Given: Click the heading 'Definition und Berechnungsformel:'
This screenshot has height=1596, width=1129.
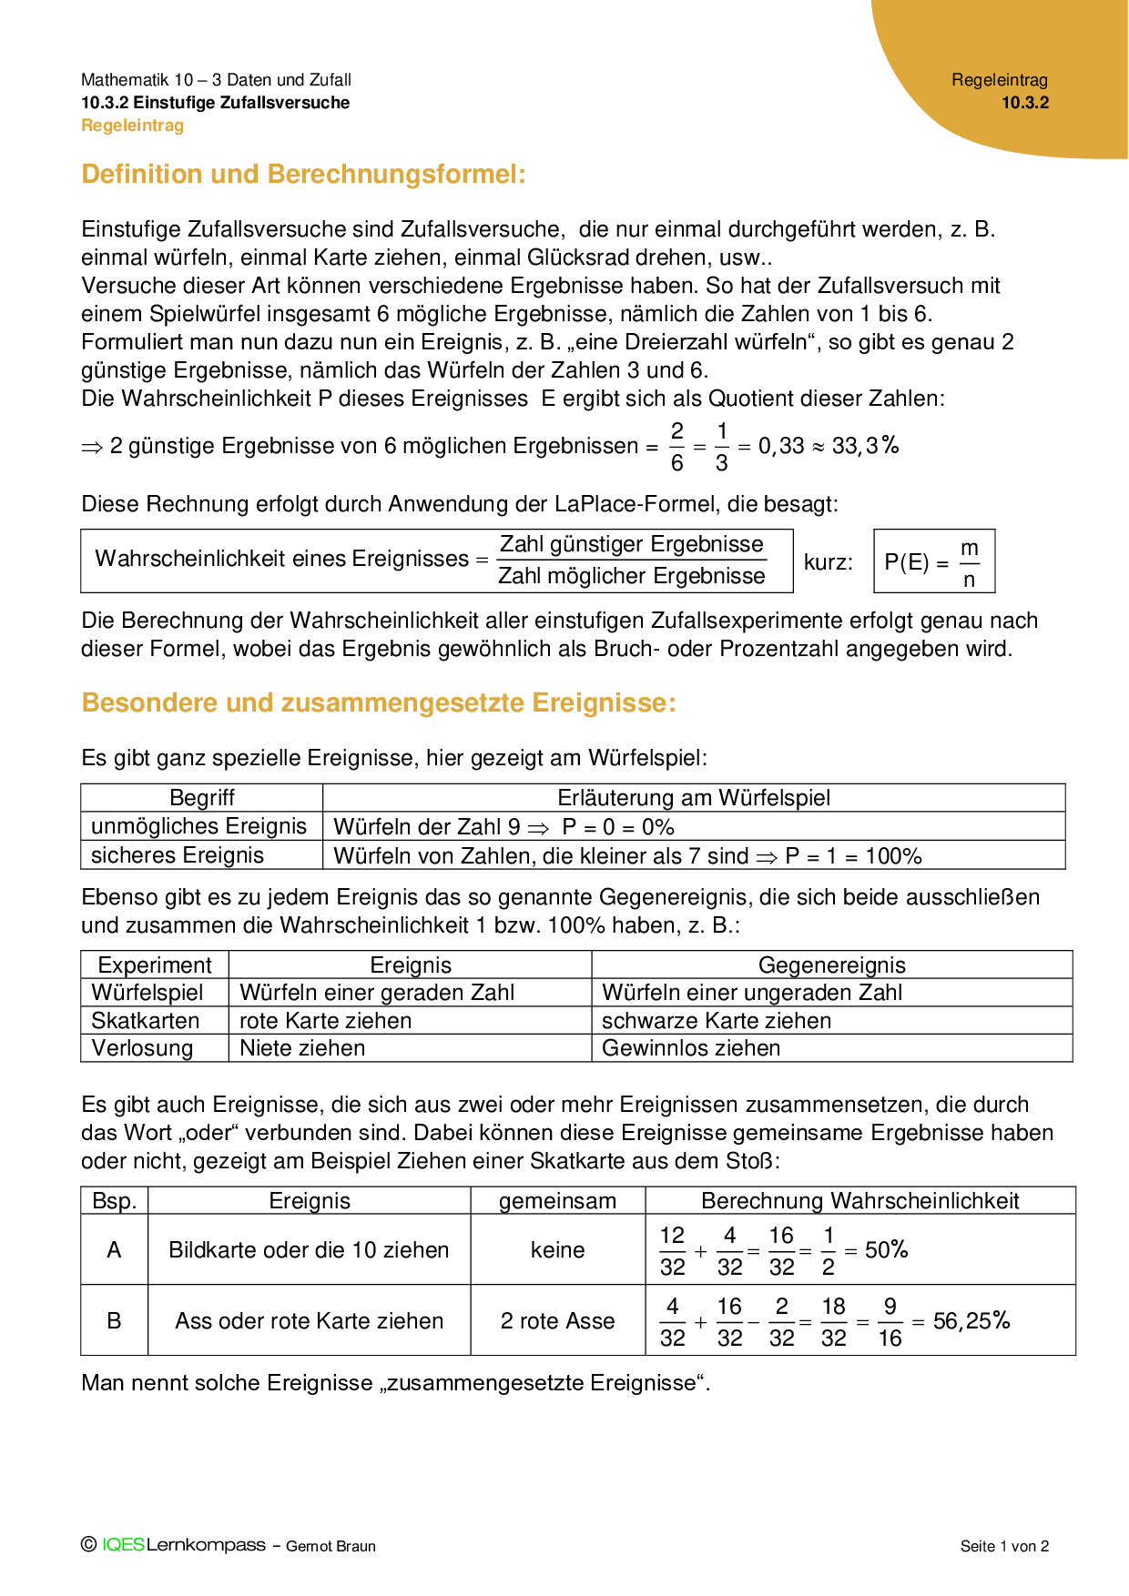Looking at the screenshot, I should click(303, 174).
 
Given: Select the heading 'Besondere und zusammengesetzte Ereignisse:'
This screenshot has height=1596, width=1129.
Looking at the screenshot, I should click(379, 702).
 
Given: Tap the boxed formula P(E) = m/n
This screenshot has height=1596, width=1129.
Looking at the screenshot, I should click(933, 561).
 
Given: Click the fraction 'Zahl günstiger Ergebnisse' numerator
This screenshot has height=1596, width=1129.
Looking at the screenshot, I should click(632, 544).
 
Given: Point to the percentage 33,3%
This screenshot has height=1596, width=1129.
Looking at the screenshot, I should click(865, 445).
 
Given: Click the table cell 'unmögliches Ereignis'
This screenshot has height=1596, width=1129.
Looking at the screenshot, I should click(198, 826).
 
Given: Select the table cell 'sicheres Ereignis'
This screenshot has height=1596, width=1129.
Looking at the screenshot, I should click(178, 855).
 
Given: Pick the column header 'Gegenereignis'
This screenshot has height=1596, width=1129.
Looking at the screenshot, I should click(831, 965).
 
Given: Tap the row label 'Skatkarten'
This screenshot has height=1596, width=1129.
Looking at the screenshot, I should click(145, 1020).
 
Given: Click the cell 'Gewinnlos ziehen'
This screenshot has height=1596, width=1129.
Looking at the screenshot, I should click(691, 1048).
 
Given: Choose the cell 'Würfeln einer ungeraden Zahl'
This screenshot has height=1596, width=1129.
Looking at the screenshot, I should click(752, 993).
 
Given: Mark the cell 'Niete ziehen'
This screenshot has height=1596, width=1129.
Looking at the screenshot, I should click(302, 1048).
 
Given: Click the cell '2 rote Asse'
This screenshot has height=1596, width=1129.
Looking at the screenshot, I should click(557, 1321).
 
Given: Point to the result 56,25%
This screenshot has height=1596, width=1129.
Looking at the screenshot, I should click(971, 1320).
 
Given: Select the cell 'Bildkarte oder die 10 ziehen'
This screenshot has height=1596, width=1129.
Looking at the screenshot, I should click(309, 1250).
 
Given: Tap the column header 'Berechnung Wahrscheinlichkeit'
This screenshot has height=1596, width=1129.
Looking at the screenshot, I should click(859, 1201).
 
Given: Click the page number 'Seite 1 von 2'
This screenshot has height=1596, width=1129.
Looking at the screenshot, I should click(1004, 1546).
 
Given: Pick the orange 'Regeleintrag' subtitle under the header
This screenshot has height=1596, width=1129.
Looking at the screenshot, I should click(132, 126).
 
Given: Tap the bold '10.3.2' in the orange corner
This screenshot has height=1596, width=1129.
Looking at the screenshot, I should click(1025, 103).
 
